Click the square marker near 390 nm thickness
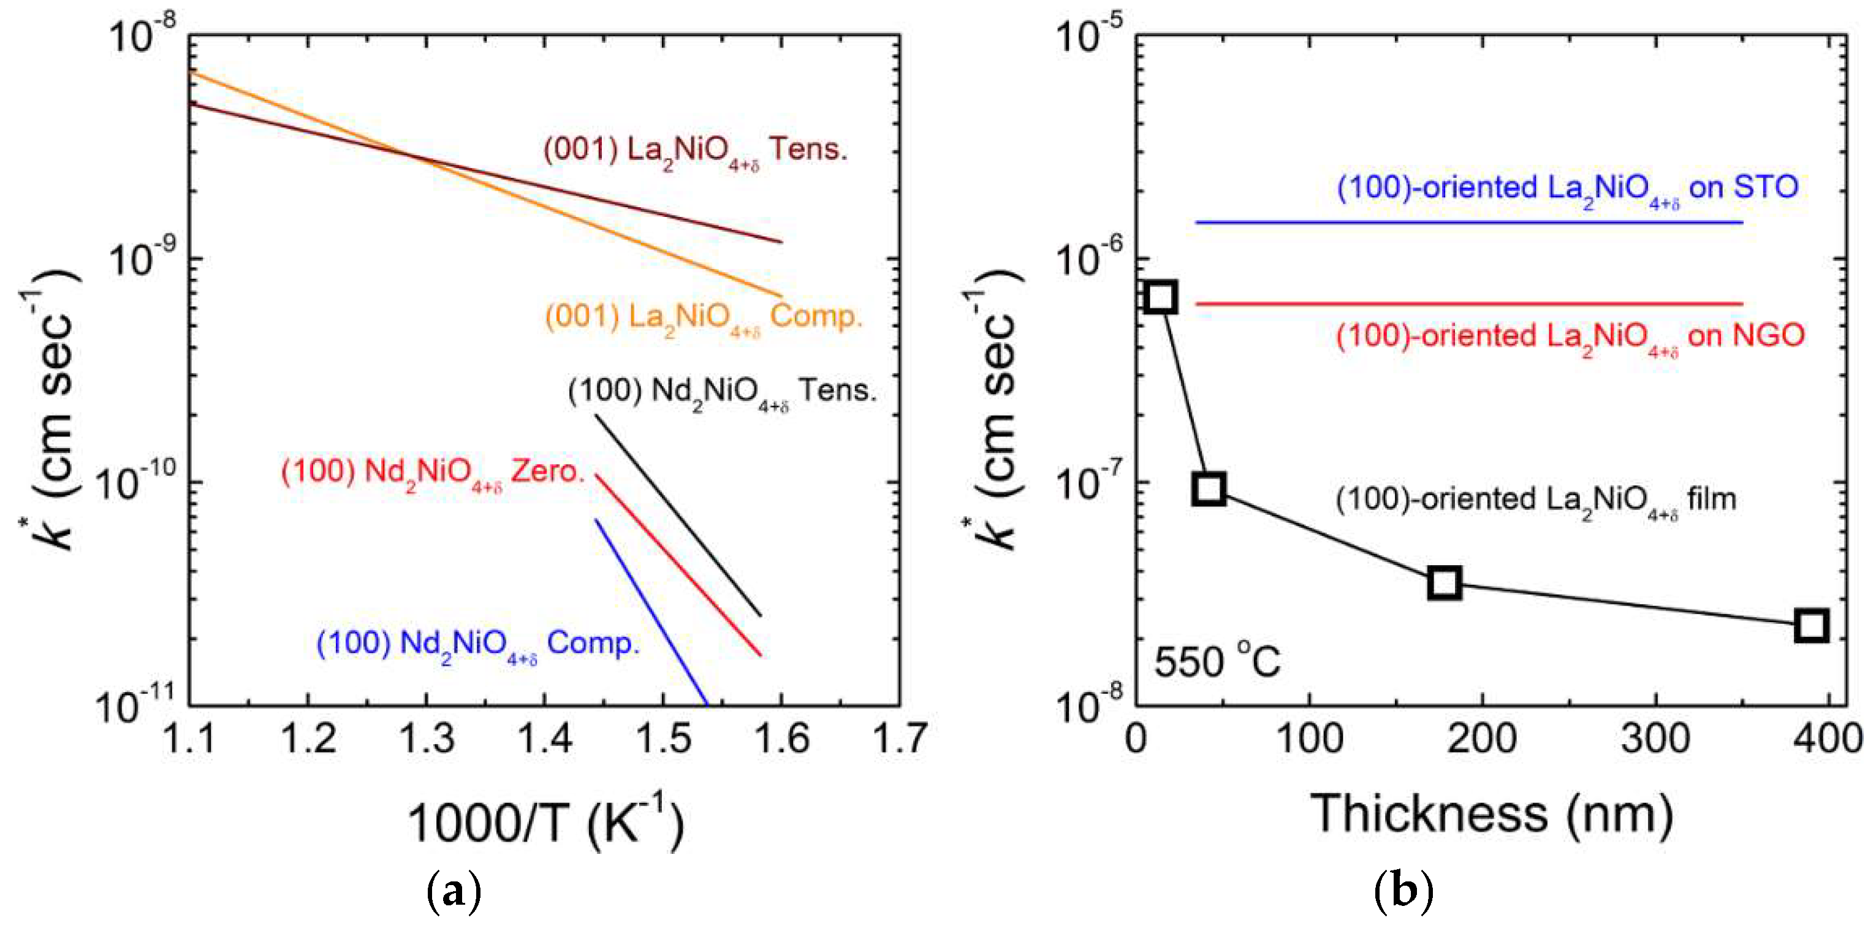click(1811, 625)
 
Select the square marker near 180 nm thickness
click(1444, 583)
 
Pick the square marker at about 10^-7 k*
click(1209, 488)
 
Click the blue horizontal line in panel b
click(1468, 221)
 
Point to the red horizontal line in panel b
click(1468, 303)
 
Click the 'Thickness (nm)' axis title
click(1492, 813)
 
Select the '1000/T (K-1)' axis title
click(545, 821)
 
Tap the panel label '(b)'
click(1403, 890)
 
